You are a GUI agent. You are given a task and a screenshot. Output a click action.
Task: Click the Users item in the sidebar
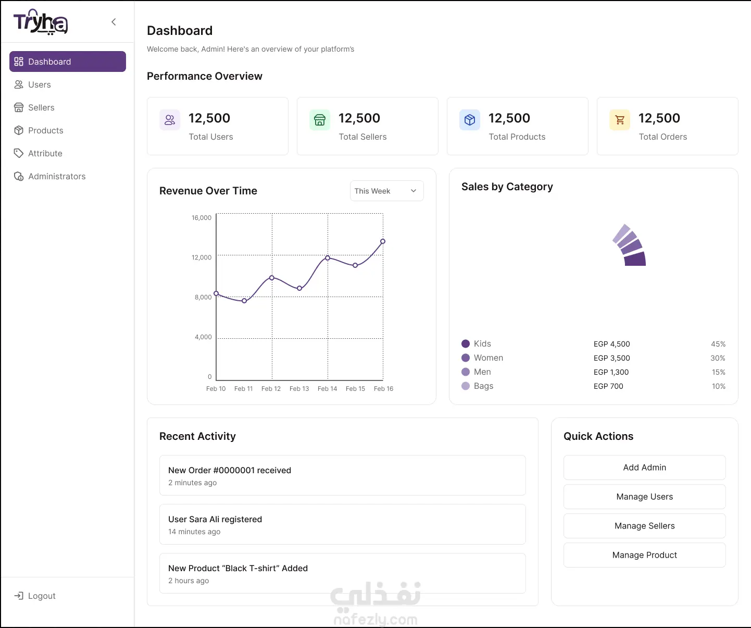32,84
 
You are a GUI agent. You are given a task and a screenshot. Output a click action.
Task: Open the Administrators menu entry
49,176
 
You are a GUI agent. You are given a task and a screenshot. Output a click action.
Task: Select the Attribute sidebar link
38,153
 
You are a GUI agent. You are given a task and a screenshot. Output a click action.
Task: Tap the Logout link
35,596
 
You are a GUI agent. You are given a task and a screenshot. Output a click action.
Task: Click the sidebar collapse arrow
114,22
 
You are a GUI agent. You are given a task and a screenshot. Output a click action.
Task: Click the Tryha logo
41,22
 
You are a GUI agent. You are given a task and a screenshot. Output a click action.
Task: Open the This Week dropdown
386,191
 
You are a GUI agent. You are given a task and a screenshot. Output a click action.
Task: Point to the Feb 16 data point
383,241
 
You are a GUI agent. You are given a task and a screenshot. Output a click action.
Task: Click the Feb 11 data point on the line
244,301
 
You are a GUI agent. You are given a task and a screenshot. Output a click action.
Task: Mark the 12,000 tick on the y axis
202,257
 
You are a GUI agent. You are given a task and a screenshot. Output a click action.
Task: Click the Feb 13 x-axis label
299,389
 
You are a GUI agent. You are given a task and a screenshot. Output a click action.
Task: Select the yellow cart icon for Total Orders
620,120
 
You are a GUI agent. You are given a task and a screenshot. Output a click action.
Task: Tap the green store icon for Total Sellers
320,120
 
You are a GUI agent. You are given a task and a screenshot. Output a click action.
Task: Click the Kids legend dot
466,343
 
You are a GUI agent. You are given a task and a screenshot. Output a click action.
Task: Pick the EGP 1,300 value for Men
611,372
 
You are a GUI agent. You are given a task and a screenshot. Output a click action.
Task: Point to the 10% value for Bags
719,386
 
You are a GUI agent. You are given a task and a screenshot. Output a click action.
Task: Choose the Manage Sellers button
645,526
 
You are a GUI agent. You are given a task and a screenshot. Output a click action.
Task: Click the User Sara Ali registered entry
342,524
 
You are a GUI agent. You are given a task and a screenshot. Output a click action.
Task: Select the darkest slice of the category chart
635,259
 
